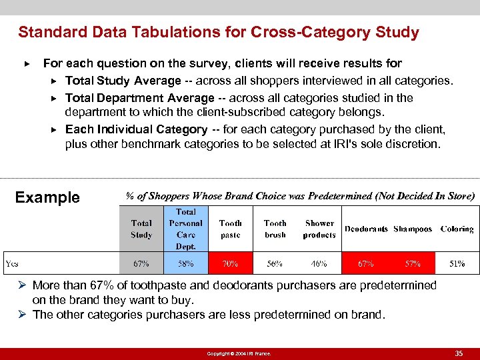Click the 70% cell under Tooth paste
[x=230, y=264]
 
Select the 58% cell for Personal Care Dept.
[x=186, y=264]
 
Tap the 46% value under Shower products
[x=319, y=264]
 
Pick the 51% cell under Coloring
[x=457, y=264]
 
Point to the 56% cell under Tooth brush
[x=275, y=264]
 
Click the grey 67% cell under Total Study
[x=141, y=264]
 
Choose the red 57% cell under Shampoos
[x=413, y=264]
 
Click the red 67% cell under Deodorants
[x=365, y=264]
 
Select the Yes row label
[x=12, y=264]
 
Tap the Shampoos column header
[x=413, y=229]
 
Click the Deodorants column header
[x=366, y=229]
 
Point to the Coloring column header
[x=457, y=229]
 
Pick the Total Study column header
[x=141, y=229]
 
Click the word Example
[x=47, y=197]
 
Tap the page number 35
[x=459, y=353]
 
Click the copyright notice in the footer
[x=239, y=353]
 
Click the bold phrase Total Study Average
[x=123, y=81]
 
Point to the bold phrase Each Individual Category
[x=136, y=129]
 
